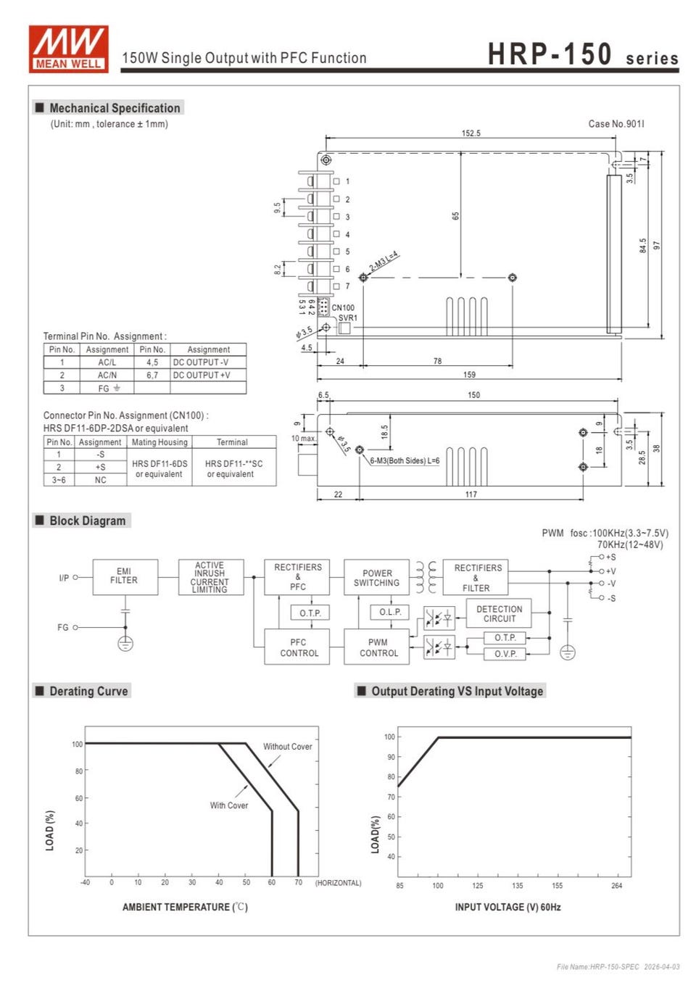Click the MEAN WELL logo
69,49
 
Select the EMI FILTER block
125,577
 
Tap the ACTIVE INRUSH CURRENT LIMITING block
211,577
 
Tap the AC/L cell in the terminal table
107,362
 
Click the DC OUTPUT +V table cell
208,376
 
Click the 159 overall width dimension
470,375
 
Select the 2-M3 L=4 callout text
384,262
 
